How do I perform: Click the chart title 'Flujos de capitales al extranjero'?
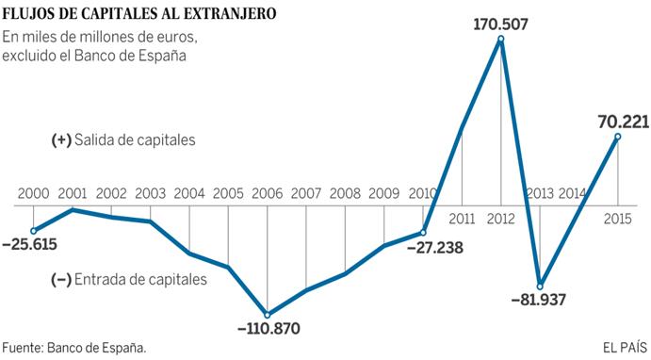point(138,13)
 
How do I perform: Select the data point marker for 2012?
point(499,38)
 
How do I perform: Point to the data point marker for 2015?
point(617,137)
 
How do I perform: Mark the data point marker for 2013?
point(539,285)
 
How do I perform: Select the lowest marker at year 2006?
point(268,315)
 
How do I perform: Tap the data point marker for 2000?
point(34,230)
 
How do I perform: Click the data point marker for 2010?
point(422,232)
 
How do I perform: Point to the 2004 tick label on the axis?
point(189,193)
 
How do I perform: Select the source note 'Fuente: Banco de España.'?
point(74,347)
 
